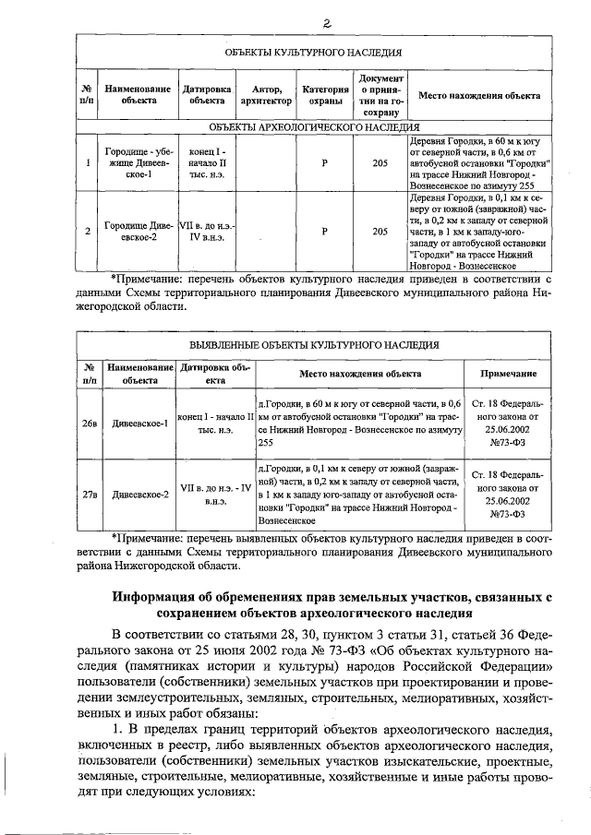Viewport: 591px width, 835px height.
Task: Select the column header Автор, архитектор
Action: click(x=264, y=95)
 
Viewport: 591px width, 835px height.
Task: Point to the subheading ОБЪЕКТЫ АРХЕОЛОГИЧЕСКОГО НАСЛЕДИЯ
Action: click(x=313, y=126)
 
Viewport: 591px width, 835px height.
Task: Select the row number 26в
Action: click(x=89, y=423)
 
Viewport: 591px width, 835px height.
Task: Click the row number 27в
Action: click(x=89, y=495)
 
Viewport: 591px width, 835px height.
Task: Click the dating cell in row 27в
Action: click(x=216, y=495)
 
